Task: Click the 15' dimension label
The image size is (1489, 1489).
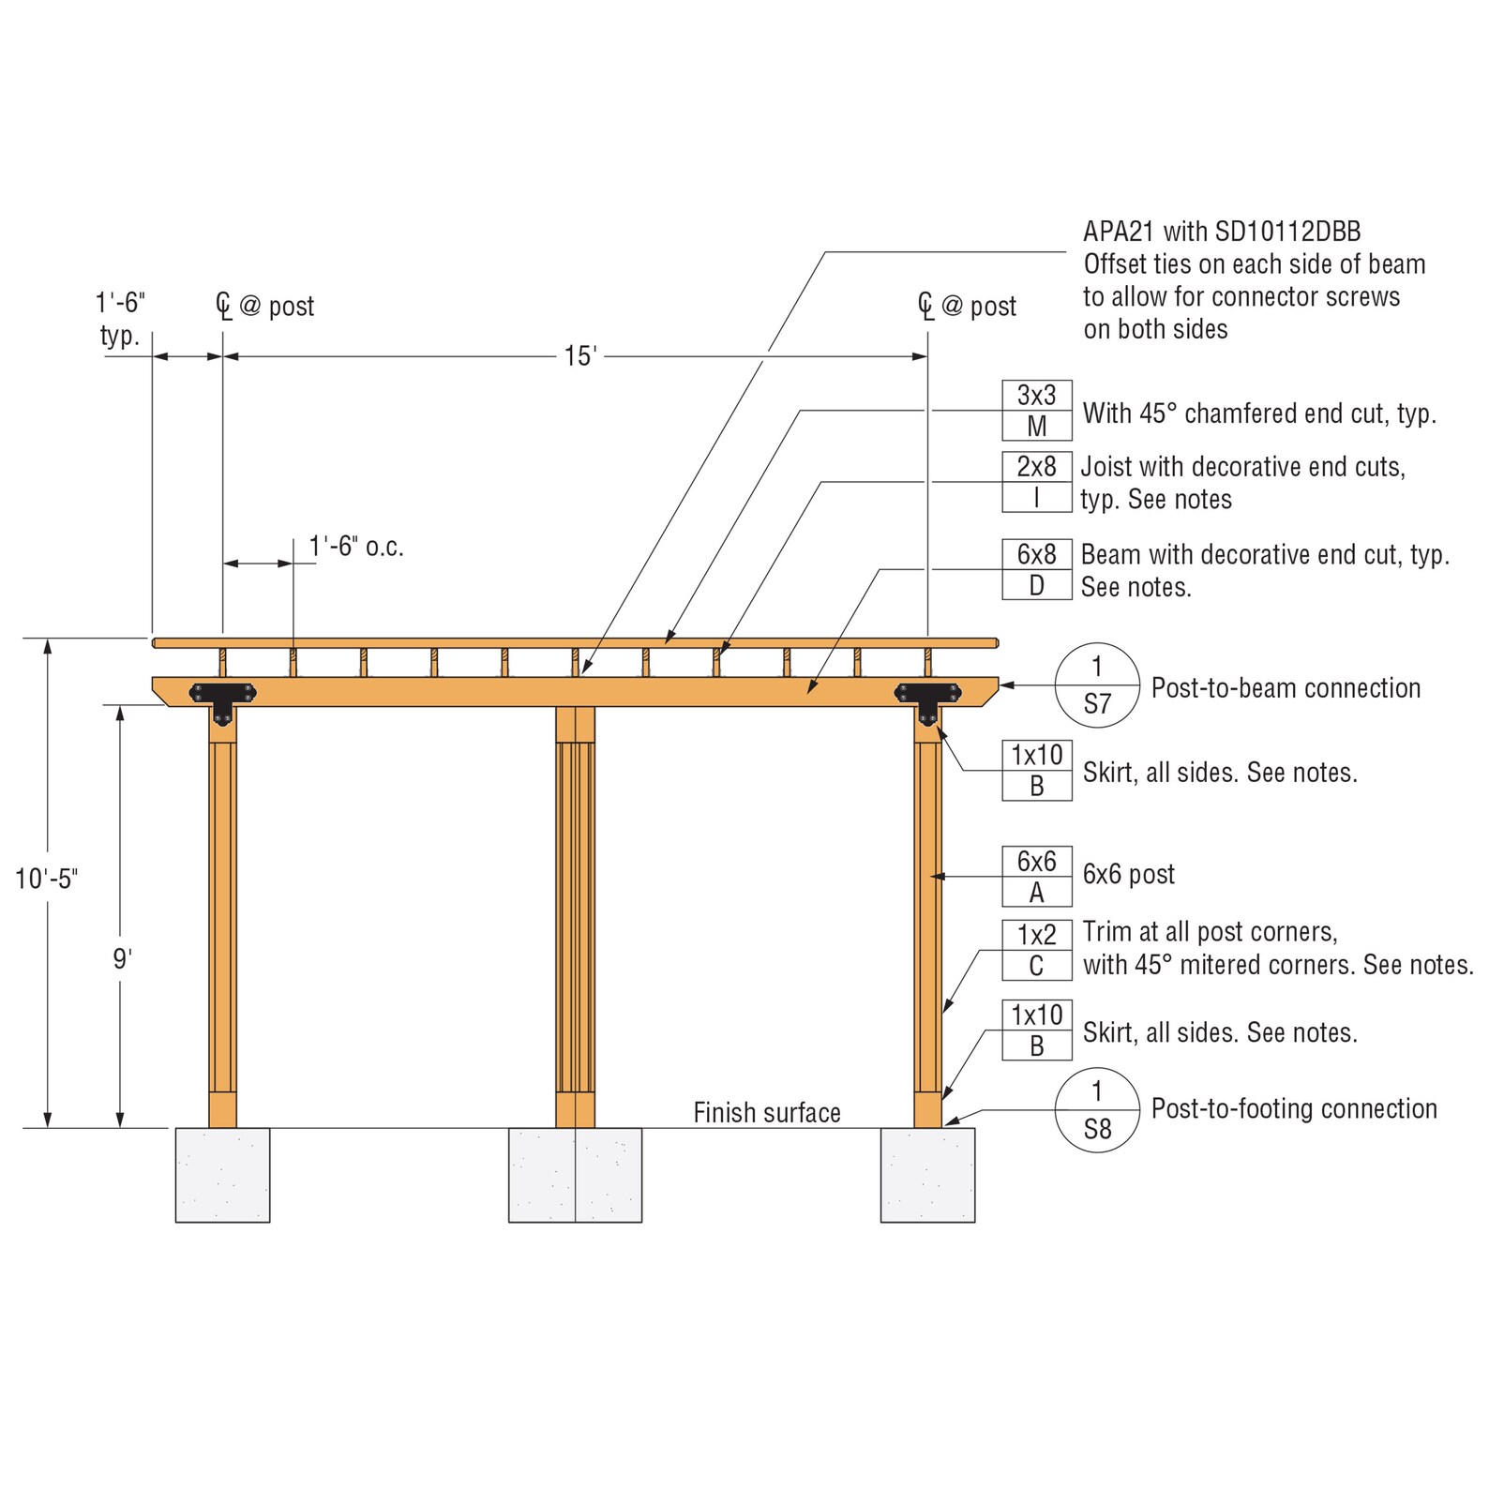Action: tap(580, 356)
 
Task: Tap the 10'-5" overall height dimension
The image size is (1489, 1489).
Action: tap(47, 879)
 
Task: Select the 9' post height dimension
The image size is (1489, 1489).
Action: tap(122, 959)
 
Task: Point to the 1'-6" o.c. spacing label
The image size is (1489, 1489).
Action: tap(356, 547)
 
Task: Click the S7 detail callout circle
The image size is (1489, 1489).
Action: tap(1097, 685)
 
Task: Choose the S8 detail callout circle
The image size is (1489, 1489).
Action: tap(1097, 1110)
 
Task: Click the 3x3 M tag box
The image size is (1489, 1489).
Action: tap(1036, 411)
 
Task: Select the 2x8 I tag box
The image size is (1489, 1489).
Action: tap(1036, 482)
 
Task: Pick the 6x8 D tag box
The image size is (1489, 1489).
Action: tap(1036, 570)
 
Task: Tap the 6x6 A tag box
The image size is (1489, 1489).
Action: tap(1036, 877)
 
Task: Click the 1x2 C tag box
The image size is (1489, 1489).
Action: tap(1036, 950)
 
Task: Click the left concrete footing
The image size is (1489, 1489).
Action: tap(222, 1175)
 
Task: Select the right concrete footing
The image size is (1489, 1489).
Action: tap(927, 1175)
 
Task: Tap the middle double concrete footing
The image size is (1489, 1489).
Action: tap(575, 1175)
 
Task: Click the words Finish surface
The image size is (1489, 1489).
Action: tap(766, 1113)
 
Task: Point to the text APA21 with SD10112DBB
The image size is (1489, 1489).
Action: tap(1222, 232)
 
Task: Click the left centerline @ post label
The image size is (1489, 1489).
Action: tap(265, 306)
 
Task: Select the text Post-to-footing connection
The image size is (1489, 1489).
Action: tap(1294, 1109)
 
